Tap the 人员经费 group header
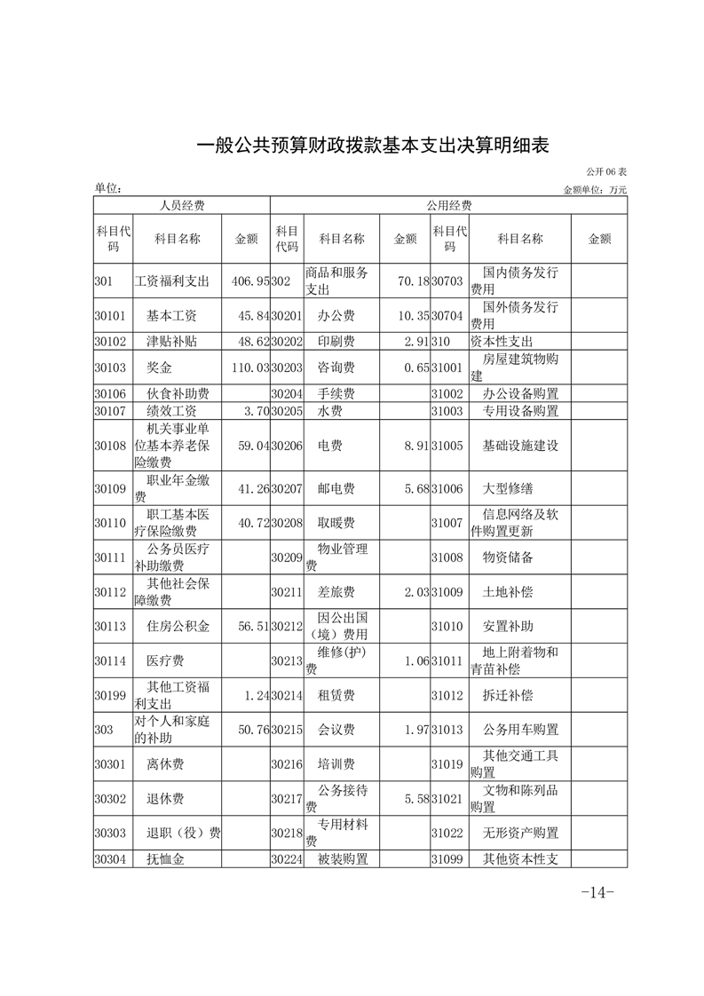tap(182, 205)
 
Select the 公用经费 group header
tap(448, 205)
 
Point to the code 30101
tap(110, 316)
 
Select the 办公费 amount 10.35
tap(409, 316)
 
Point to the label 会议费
tap(336, 730)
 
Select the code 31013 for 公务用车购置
tap(447, 730)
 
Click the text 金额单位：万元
tap(595, 190)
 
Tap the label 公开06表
tap(606, 172)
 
